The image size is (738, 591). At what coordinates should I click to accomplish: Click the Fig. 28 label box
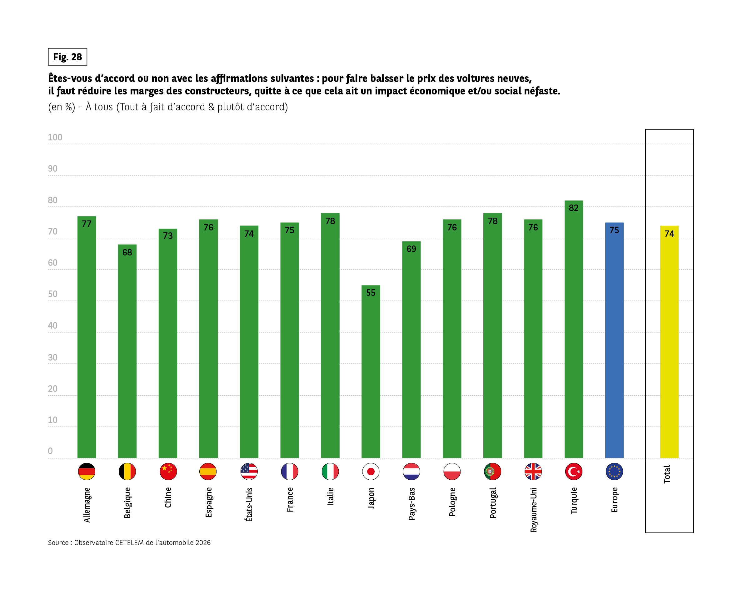[x=67, y=57]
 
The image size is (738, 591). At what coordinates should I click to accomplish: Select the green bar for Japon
[x=371, y=373]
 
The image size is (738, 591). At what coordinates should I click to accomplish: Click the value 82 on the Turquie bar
[x=574, y=208]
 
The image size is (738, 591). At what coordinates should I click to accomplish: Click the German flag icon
[x=87, y=472]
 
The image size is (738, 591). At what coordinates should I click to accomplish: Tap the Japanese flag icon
[x=371, y=472]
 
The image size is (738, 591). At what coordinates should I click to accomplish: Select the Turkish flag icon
[x=574, y=472]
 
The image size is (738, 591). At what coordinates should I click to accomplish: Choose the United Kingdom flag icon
[x=533, y=472]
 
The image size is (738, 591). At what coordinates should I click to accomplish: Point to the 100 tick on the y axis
[x=55, y=137]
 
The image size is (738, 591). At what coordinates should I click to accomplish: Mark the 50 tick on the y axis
[x=53, y=294]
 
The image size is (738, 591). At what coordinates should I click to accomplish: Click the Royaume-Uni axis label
[x=533, y=510]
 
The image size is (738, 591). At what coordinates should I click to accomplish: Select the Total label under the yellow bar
[x=667, y=474]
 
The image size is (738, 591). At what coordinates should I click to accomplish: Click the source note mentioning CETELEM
[x=129, y=543]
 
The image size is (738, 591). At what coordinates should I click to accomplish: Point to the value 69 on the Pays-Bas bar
[x=411, y=249]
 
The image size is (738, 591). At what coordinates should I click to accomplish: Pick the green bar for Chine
[x=168, y=346]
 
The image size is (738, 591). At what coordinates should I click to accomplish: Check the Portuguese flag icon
[x=492, y=472]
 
